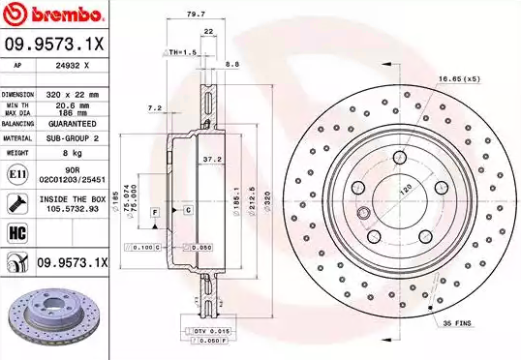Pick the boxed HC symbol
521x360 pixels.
pos(16,233)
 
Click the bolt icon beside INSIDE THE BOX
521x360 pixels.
pos(16,202)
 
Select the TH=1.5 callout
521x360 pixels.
pos(181,51)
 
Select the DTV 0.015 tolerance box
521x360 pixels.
pos(212,332)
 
